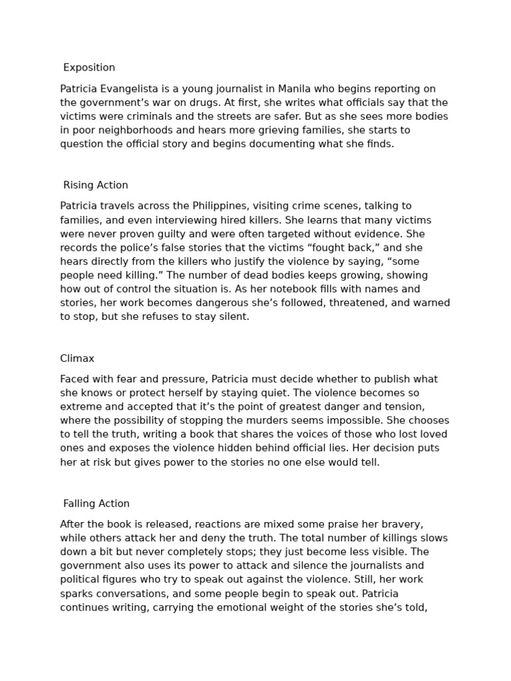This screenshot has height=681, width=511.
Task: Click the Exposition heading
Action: tap(89, 68)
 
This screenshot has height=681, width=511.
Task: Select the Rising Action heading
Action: tap(96, 186)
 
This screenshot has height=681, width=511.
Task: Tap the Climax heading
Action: tap(77, 358)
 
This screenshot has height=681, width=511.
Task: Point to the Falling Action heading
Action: tap(96, 504)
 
